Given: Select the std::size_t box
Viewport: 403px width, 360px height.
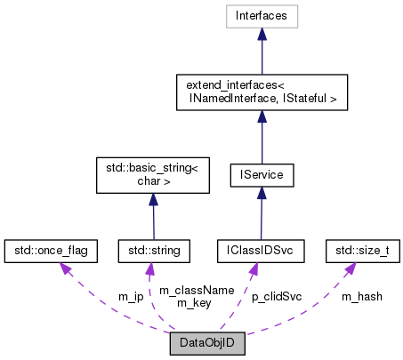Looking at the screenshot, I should pos(359,251).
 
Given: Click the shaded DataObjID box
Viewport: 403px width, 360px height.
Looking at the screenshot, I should pos(206,343).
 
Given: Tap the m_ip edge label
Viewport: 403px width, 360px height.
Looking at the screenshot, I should pos(131,296).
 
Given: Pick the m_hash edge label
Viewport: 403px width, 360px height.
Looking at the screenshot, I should pos(361,296).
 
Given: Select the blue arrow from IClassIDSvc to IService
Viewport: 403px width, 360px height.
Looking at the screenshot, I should pos(260,213).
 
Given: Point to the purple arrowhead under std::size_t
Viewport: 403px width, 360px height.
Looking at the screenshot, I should pos(345,268).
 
